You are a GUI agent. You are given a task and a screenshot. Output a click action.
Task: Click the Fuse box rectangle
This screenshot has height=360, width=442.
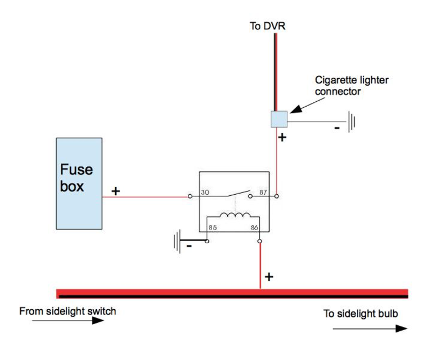[x=79, y=183]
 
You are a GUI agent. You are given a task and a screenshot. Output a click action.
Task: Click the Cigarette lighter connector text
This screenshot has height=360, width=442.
[x=351, y=86]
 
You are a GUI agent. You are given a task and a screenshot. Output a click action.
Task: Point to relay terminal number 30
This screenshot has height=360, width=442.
[x=204, y=192]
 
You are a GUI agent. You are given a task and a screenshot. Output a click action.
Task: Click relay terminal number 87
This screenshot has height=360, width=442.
[x=264, y=192]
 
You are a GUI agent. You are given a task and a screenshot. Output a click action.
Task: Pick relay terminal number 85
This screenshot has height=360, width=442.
[x=212, y=227]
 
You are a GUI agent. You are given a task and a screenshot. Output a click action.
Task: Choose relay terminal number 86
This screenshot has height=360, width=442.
[x=255, y=227]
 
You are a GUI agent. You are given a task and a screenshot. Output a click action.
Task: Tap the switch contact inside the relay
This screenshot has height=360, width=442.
[x=236, y=193]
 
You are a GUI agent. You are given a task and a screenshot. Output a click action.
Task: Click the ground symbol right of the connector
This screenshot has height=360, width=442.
[x=351, y=121]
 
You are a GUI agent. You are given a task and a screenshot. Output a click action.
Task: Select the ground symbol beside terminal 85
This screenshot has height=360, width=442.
[x=177, y=242]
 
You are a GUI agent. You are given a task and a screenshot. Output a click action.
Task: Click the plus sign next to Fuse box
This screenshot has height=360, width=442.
[x=115, y=191]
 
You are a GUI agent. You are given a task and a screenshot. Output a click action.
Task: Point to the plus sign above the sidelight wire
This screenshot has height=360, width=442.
[x=269, y=276]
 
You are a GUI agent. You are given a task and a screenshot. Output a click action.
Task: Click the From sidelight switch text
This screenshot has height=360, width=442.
[x=67, y=311]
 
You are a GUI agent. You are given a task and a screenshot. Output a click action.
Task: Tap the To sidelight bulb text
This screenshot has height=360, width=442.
[x=361, y=314]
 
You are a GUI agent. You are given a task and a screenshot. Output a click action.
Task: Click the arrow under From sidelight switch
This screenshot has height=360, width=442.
[x=61, y=321]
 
